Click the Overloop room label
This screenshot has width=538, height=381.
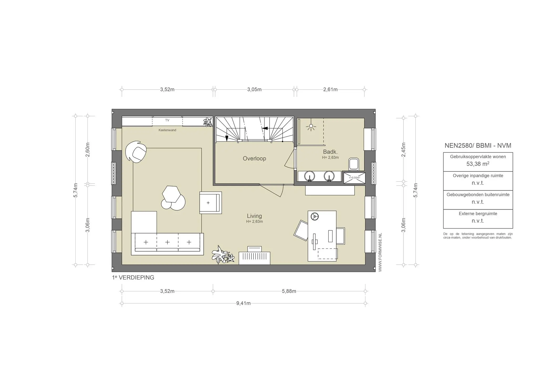254,159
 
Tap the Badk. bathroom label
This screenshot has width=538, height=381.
330,152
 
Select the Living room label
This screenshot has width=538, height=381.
254,216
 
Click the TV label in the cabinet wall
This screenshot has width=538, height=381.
167,120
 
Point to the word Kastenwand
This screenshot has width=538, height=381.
167,130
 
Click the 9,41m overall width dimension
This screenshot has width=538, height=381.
243,303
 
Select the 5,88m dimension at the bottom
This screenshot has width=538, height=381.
289,291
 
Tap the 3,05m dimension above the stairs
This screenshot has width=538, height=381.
254,89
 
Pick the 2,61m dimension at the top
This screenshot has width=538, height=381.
330,89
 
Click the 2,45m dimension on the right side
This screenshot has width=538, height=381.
403,150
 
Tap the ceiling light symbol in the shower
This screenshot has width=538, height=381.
311,127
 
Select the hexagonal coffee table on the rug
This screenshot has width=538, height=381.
171,194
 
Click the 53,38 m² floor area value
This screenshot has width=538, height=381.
478,164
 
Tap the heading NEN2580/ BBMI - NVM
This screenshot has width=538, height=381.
478,146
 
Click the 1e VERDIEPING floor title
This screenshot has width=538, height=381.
133,278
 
